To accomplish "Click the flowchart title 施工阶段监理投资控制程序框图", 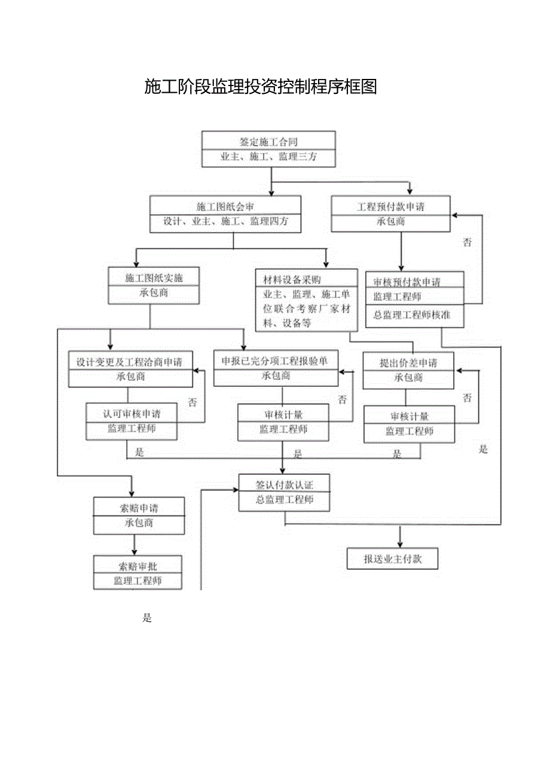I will point(261,87).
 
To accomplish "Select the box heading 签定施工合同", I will point(268,142).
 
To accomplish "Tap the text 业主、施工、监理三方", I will point(268,157).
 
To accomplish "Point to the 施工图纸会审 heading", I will point(225,207).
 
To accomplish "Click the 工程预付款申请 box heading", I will point(391,207).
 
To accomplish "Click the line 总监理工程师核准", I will point(411,315).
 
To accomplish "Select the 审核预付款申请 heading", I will point(411,282).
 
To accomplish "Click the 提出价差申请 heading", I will point(408,362).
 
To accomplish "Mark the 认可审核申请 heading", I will point(132,413).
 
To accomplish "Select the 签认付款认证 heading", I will point(284,485).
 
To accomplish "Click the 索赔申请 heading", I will point(139,508).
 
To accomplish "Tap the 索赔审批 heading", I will point(137,566).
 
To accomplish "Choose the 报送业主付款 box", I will point(393,559).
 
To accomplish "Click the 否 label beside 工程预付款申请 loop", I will point(467,242).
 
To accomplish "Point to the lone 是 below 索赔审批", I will point(147,618).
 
